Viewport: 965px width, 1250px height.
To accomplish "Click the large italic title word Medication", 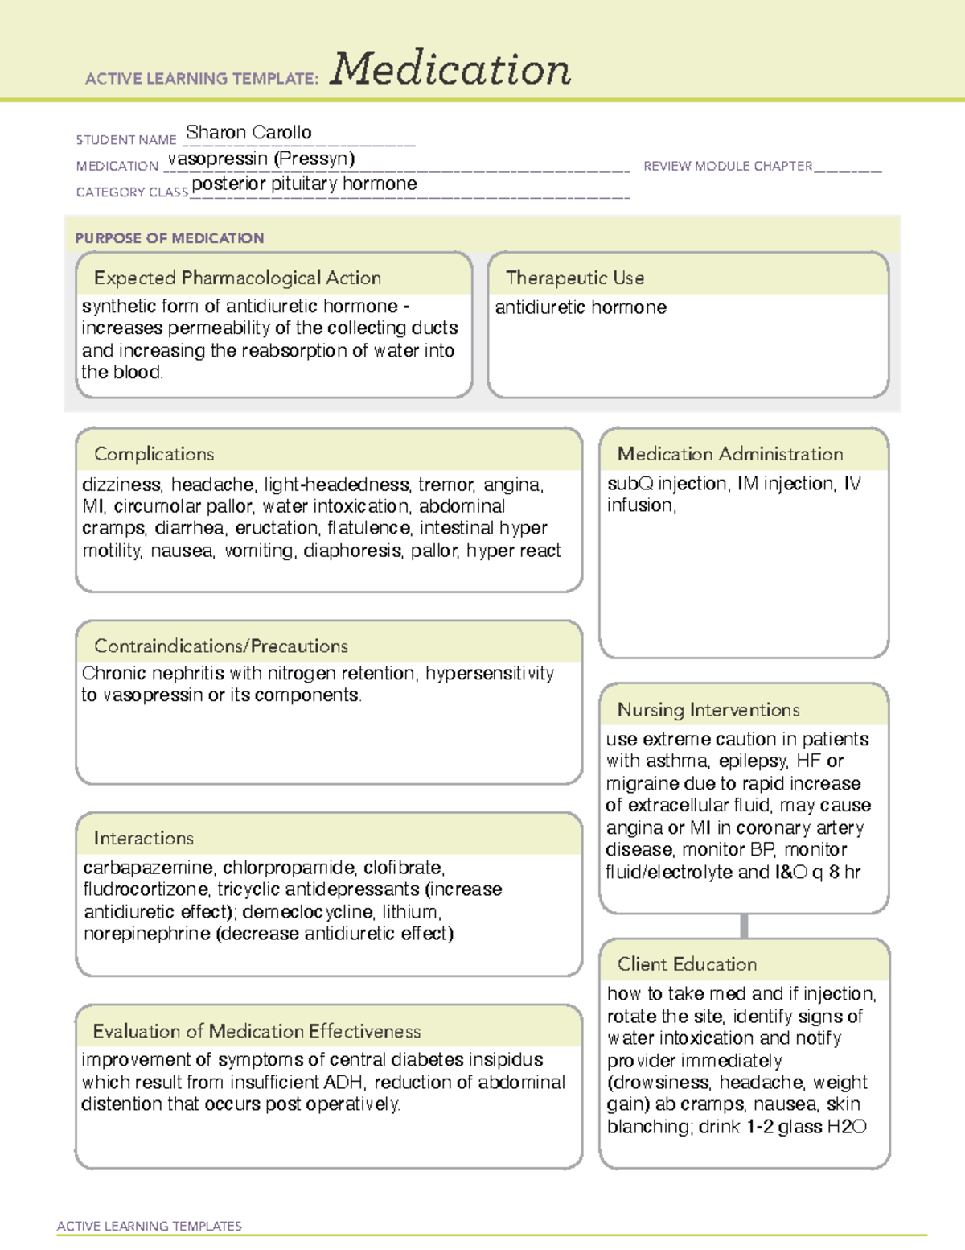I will (450, 69).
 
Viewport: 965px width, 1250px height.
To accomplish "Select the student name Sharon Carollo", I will (248, 132).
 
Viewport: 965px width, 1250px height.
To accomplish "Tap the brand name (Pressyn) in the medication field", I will (314, 159).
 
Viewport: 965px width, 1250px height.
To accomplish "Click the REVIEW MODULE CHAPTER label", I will (728, 166).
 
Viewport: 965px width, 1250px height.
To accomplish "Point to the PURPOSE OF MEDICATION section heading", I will (169, 238).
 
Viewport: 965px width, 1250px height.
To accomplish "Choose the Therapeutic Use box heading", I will (574, 278).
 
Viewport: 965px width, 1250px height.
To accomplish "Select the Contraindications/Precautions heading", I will (221, 646).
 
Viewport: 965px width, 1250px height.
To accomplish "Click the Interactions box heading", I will (143, 838).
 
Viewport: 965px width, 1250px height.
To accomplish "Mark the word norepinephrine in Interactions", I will (146, 934).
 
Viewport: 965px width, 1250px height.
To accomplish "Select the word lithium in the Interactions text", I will (410, 912).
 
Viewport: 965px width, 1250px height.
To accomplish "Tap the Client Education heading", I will (687, 964).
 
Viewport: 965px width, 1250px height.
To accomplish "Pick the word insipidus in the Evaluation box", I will (506, 1060).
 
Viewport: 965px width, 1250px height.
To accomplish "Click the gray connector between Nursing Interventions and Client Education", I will (744, 926).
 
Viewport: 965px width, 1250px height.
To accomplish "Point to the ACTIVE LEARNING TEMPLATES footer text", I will (150, 1226).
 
